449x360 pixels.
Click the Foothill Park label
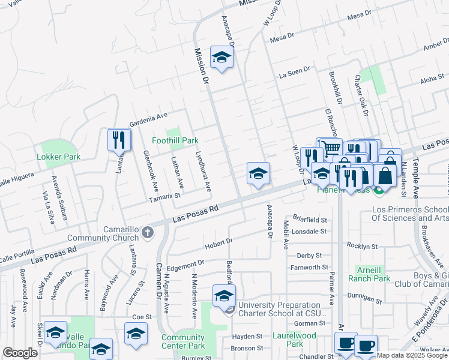click(174, 140)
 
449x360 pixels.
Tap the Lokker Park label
click(58, 157)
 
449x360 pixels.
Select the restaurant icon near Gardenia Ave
click(119, 140)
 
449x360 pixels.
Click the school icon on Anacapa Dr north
click(221, 57)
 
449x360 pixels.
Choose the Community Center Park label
click(183, 341)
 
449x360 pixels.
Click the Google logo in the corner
click(20, 353)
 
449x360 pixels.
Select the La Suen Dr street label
click(294, 76)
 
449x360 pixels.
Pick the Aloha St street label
click(432, 79)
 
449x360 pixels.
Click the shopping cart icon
click(329, 148)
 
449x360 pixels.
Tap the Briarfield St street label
click(310, 220)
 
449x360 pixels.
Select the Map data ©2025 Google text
click(412, 355)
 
